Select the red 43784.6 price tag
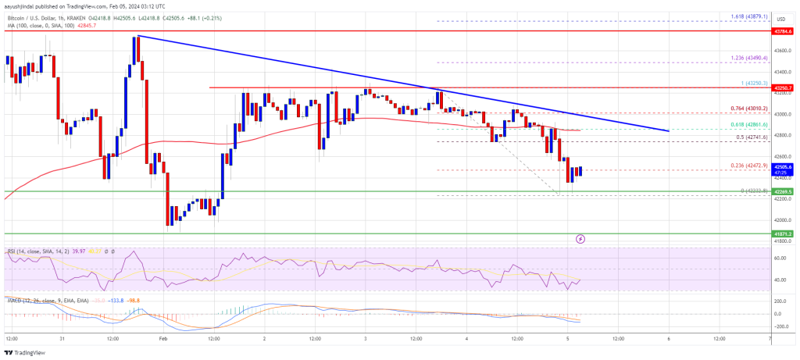pyautogui.click(x=784, y=31)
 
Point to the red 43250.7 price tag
pyautogui.click(x=784, y=87)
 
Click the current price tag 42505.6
pyautogui.click(x=784, y=166)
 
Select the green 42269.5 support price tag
pyautogui.click(x=784, y=191)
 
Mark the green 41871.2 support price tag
pyautogui.click(x=784, y=233)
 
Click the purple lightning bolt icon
pyautogui.click(x=580, y=237)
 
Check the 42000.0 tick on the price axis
pyautogui.click(x=783, y=220)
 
